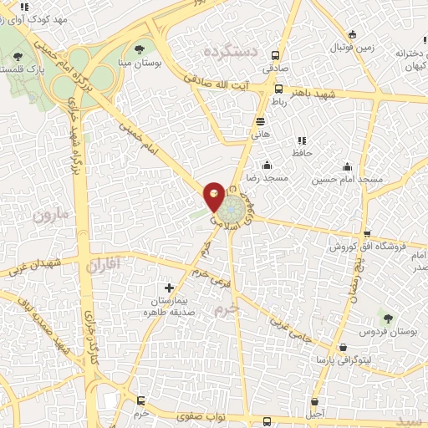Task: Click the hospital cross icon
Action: pyautogui.click(x=170, y=287)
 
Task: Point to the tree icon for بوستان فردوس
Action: pyautogui.click(x=386, y=317)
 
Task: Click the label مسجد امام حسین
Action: pyautogui.click(x=348, y=180)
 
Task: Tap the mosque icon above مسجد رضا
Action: pyautogui.click(x=267, y=164)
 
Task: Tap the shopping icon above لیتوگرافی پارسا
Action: pyautogui.click(x=342, y=347)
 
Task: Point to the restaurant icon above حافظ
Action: pyautogui.click(x=302, y=140)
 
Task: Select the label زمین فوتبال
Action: pyautogui.click(x=360, y=48)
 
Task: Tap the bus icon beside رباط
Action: pyautogui.click(x=278, y=89)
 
